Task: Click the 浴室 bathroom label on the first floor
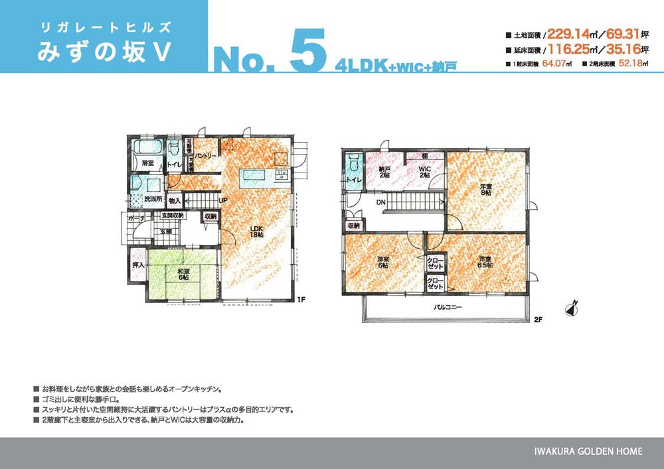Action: pyautogui.click(x=147, y=162)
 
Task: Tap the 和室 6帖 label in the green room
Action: pyautogui.click(x=182, y=273)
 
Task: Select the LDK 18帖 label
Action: pyautogui.click(x=257, y=232)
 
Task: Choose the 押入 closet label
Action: pyautogui.click(x=139, y=265)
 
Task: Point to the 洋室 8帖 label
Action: pyautogui.click(x=487, y=190)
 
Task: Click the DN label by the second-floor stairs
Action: pyautogui.click(x=380, y=203)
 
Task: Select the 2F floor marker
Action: pyautogui.click(x=538, y=320)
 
